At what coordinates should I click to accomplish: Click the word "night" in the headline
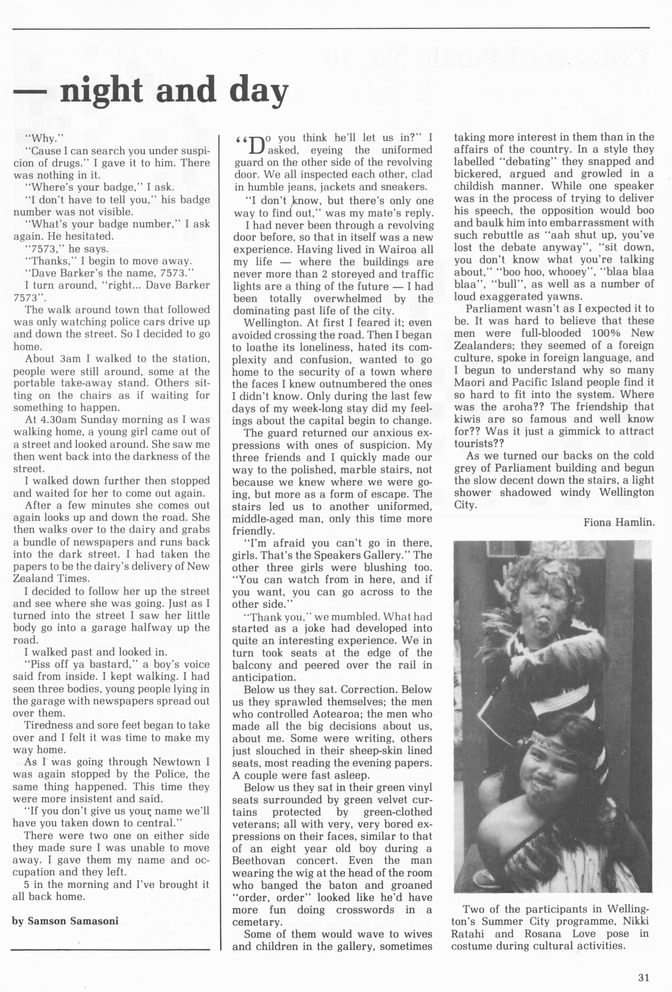click(102, 91)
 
